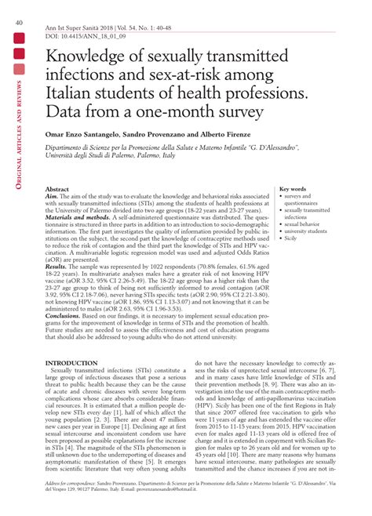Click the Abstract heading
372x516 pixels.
(57, 191)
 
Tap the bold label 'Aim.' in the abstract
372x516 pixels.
(53, 198)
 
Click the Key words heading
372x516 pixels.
(293, 189)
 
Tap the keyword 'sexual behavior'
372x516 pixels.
(302, 223)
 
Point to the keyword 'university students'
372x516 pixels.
(306, 231)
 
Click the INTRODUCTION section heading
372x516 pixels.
(71, 364)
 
